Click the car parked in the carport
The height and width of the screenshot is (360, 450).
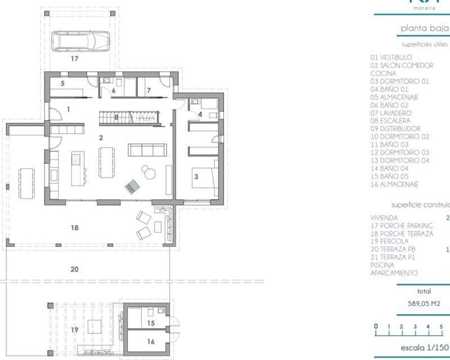point(80,41)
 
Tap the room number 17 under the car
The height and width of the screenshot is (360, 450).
point(74,58)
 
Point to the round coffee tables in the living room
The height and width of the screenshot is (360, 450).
point(147,172)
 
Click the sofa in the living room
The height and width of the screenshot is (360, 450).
point(147,150)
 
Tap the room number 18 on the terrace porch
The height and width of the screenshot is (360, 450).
point(74,228)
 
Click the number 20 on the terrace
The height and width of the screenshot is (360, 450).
point(74,269)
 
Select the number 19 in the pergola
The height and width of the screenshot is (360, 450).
point(74,330)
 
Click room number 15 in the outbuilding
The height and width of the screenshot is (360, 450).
point(151,323)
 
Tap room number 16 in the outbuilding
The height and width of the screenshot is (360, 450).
point(151,341)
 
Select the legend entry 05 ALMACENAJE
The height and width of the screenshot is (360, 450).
point(394,97)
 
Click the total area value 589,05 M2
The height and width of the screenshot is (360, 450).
point(424,303)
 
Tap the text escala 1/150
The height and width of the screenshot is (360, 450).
point(423,348)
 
